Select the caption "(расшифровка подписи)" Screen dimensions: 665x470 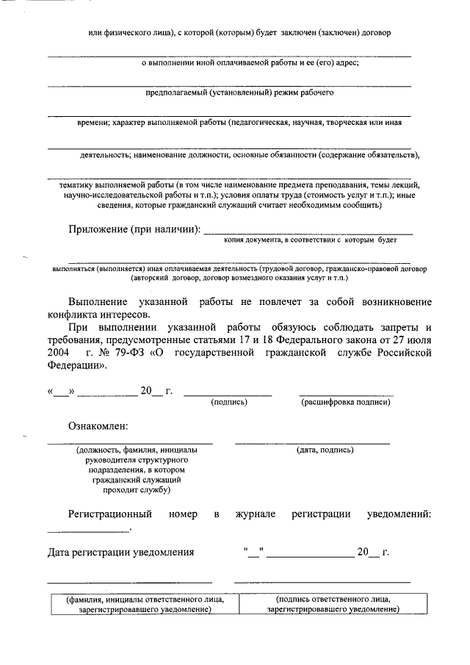345,402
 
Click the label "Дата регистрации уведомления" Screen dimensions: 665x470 121,552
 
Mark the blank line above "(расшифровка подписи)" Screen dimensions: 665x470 346,395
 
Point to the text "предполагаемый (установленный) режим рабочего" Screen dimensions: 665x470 240,93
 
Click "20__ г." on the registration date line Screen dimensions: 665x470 372,552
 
